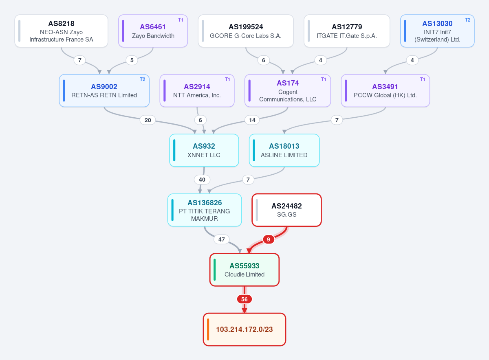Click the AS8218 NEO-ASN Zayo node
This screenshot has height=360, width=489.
[x=62, y=31]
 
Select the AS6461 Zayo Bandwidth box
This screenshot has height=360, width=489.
[x=153, y=31]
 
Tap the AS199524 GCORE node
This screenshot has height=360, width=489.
[x=246, y=31]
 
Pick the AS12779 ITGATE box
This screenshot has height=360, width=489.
[x=347, y=31]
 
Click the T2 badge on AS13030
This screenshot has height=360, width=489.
[x=468, y=20]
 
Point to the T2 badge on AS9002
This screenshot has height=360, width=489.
[x=142, y=79]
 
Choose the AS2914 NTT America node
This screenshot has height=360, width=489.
[x=197, y=90]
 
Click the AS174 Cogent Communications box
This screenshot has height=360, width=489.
[x=288, y=90]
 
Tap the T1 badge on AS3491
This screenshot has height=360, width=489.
[x=423, y=79]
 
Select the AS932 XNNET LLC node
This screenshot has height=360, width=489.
[x=204, y=150]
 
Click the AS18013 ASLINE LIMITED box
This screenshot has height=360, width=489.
[x=284, y=150]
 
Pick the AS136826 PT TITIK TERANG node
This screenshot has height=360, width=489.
[x=205, y=210]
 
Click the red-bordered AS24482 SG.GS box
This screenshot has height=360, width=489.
[x=286, y=210]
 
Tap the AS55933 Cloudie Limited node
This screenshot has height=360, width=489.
[x=244, y=270]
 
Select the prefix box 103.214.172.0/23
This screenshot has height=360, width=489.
[x=244, y=329]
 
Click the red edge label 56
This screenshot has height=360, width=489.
[x=244, y=299]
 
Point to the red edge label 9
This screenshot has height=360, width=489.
[x=269, y=239]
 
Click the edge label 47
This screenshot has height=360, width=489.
[x=222, y=239]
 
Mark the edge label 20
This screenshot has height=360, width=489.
[x=148, y=120]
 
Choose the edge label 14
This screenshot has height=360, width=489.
[x=252, y=120]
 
